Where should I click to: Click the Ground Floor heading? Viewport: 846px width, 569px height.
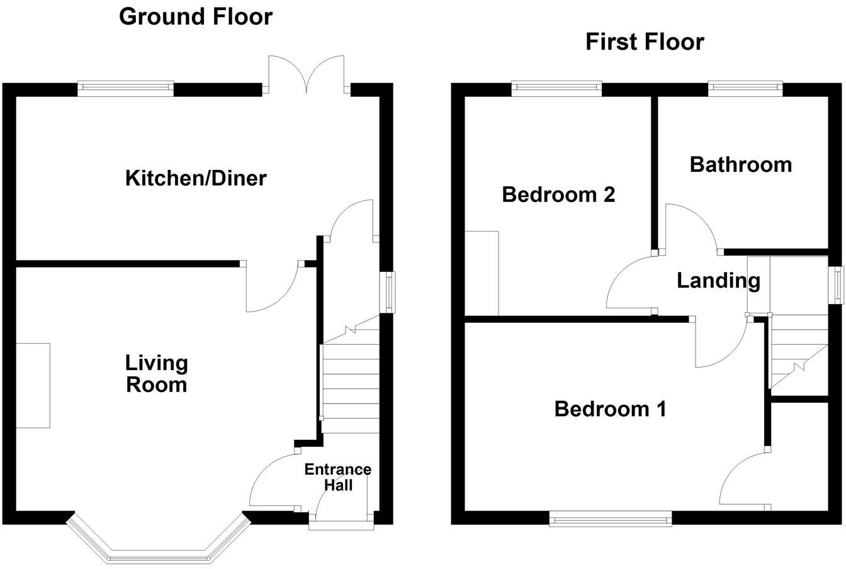click(x=195, y=16)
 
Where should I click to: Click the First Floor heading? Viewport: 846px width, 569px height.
click(x=644, y=42)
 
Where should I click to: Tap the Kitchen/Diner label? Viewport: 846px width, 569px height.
click(x=196, y=178)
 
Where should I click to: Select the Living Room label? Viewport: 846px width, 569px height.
click(x=156, y=373)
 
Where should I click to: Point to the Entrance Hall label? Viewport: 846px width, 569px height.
click(x=337, y=477)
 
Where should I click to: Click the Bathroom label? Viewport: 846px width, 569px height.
click(x=740, y=164)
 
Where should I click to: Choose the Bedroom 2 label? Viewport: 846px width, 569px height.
click(x=558, y=194)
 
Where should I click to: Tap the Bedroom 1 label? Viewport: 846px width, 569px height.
click(x=609, y=409)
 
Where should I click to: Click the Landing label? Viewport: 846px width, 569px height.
click(x=718, y=281)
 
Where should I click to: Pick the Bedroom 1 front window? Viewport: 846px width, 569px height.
click(x=610, y=519)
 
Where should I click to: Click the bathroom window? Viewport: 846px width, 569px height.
click(x=745, y=89)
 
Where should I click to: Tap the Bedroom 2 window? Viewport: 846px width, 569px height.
click(x=556, y=89)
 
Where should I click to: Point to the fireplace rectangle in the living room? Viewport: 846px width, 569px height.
click(x=33, y=385)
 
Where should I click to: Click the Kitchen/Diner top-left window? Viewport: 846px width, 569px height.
click(x=125, y=89)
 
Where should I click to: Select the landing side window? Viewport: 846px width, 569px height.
click(x=837, y=285)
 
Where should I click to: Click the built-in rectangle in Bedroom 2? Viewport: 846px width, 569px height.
click(x=482, y=273)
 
